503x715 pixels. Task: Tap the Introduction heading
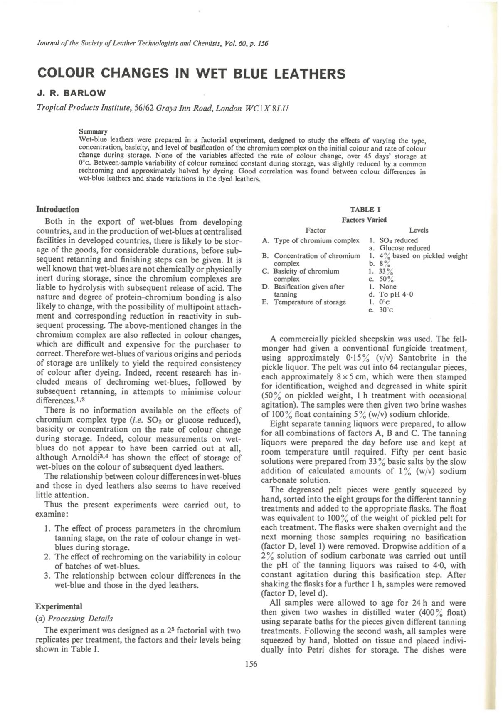[57, 209]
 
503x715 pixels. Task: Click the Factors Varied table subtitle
[364, 220]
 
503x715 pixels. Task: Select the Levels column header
[418, 230]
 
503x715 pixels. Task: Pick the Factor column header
[316, 230]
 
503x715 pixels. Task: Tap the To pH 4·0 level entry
[396, 294]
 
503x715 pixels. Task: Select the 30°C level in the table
[386, 310]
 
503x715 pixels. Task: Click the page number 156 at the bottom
[251, 664]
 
